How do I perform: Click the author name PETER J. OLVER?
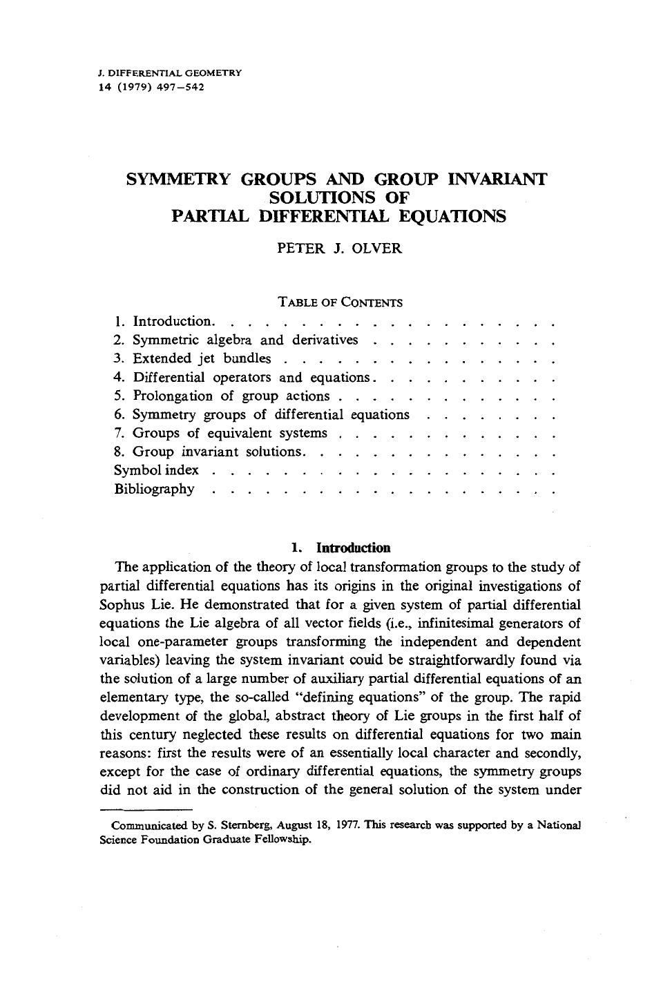[338, 249]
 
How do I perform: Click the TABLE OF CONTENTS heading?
[340, 302]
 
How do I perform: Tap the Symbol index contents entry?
[156, 470]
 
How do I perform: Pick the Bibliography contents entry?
[154, 489]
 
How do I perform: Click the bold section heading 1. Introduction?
[341, 548]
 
